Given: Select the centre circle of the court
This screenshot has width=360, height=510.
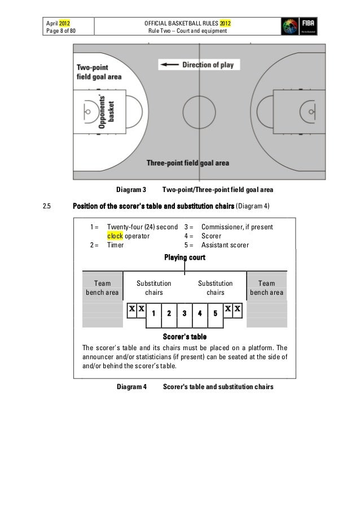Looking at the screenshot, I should (198, 110).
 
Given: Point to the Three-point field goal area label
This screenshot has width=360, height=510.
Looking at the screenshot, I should (188, 163).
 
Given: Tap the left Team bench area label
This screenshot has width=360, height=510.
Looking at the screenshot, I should (102, 288).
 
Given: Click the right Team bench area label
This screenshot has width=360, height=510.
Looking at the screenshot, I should (267, 288).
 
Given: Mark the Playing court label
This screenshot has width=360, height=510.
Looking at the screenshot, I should (185, 258).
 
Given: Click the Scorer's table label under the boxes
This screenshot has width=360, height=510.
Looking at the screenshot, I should (184, 337).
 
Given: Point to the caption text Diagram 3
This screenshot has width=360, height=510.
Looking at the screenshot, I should (131, 189).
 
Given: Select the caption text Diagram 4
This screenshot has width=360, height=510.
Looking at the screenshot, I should (131, 387).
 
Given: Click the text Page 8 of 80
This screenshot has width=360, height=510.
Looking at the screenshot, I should (62, 30).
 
